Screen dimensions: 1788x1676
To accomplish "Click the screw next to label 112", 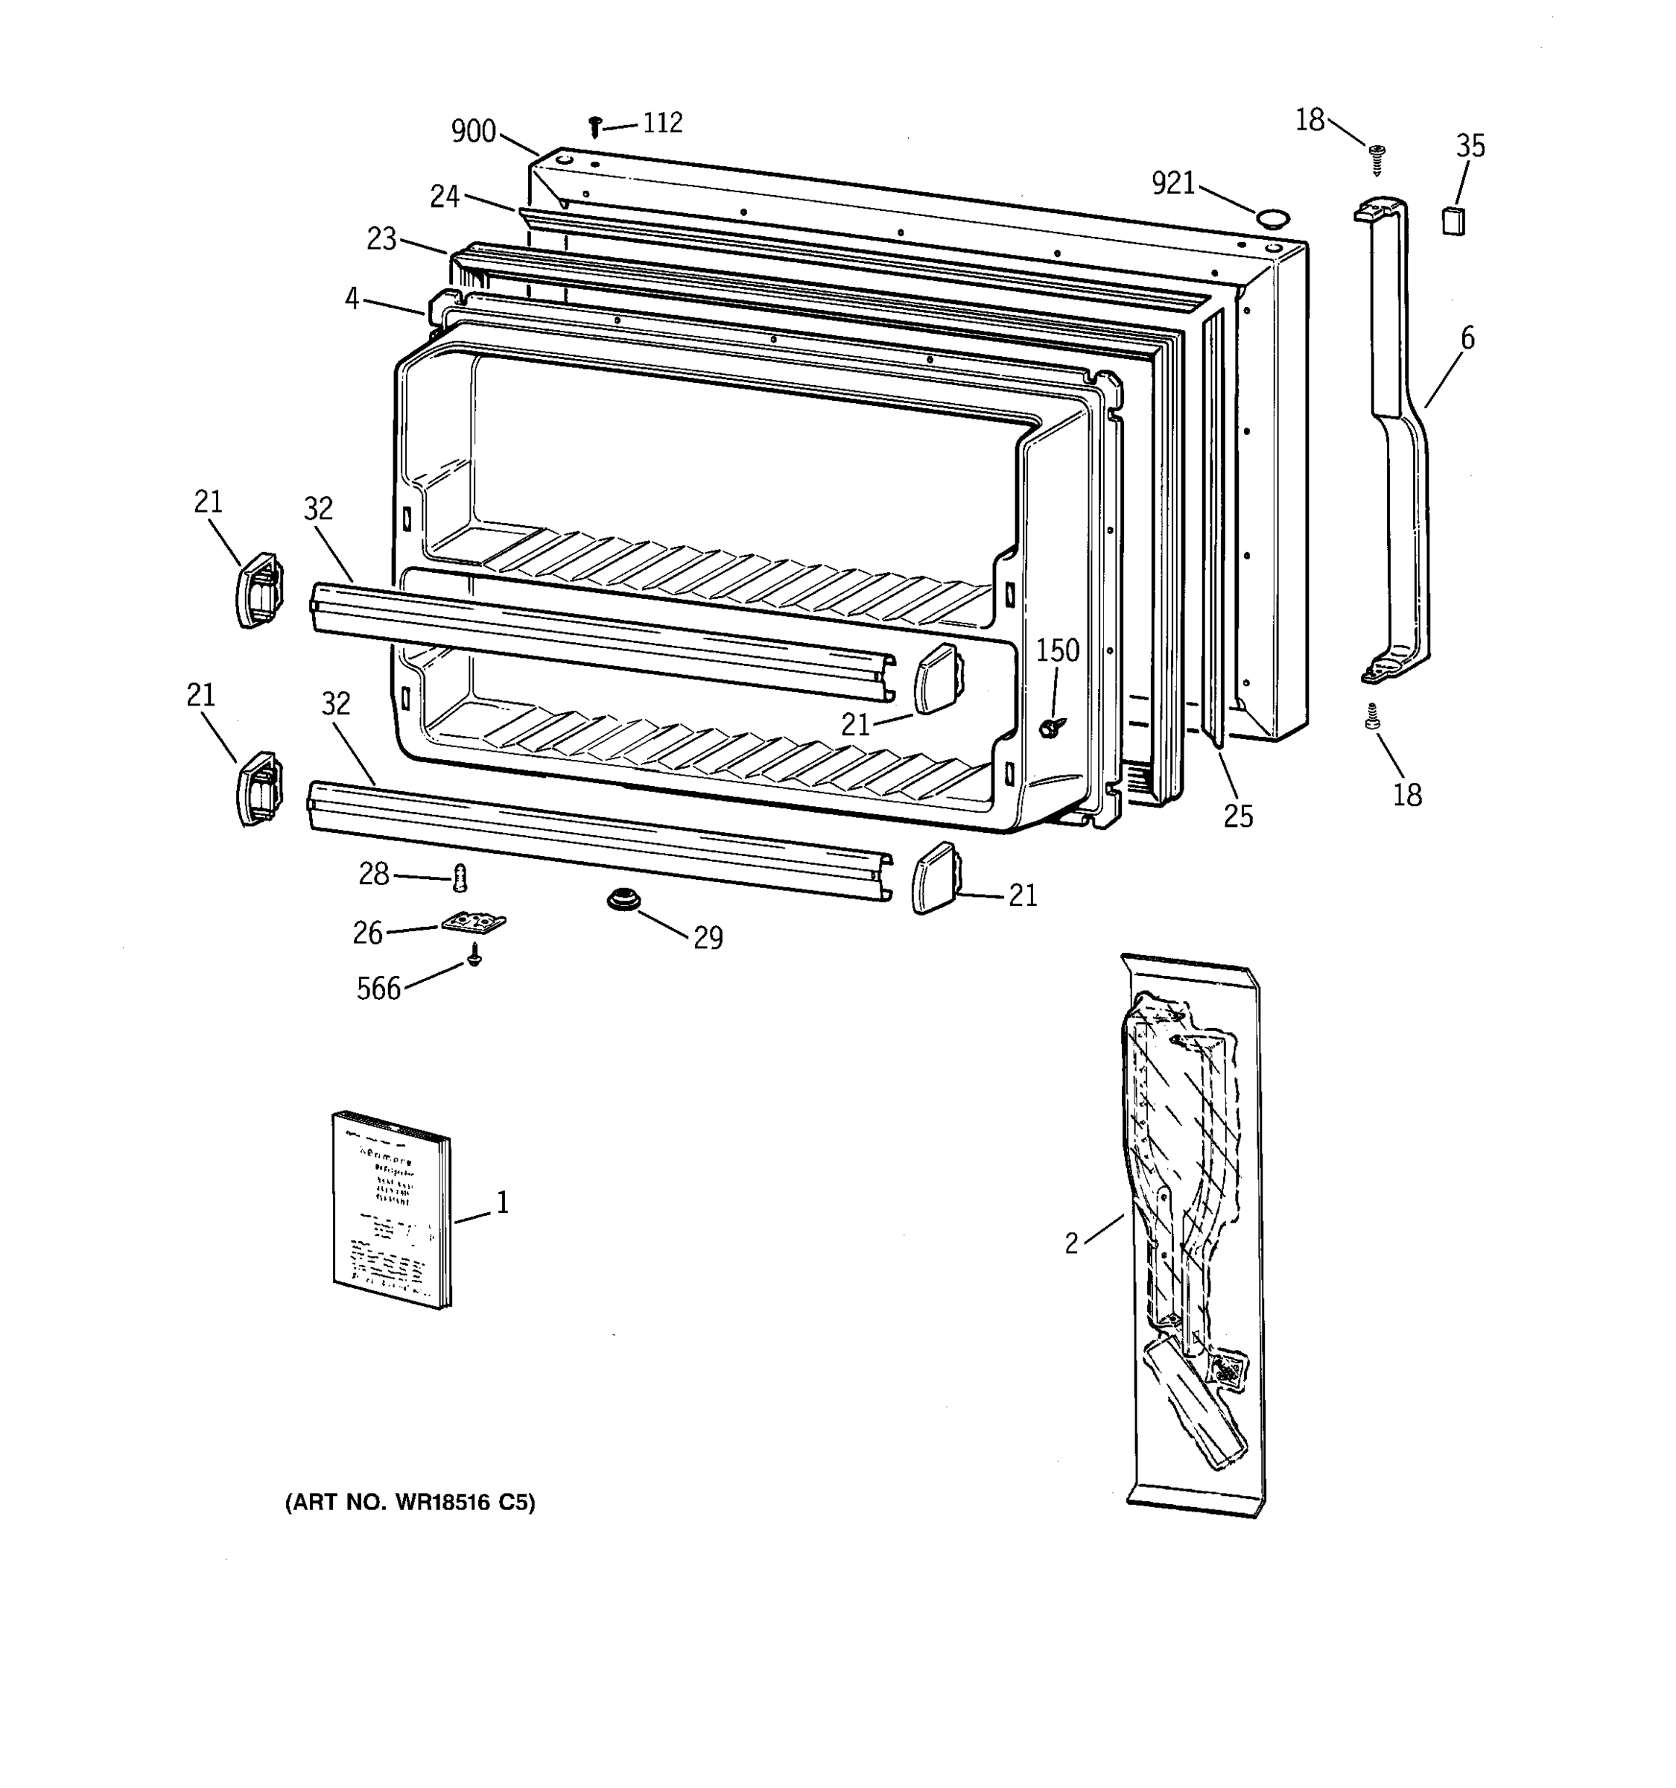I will [594, 127].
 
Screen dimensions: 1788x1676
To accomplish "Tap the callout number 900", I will [473, 132].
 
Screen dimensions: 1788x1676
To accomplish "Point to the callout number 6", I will [1467, 339].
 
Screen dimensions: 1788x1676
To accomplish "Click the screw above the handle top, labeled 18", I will [1377, 159].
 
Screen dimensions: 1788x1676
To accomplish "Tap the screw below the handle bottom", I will [1372, 717].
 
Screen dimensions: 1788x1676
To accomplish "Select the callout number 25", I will [1237, 816].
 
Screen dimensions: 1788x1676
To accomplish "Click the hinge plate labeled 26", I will [474, 923].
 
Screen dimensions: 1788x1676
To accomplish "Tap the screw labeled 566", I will [474, 956].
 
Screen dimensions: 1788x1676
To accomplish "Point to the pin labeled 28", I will [460, 876].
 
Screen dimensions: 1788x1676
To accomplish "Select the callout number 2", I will [1071, 1244].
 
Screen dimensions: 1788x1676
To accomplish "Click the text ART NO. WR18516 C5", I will [410, 1503].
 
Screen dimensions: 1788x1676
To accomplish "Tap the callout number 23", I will [381, 239].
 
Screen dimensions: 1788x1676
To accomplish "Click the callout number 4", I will [352, 299].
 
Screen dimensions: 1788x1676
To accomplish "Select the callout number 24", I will [444, 196].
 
